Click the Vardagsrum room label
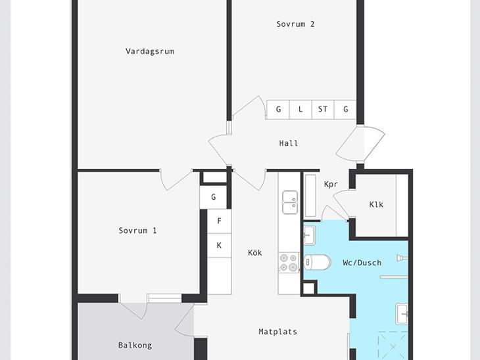[150, 51]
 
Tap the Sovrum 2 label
[295, 24]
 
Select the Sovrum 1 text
[137, 231]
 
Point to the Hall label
[289, 143]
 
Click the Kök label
[255, 253]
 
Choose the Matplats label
[277, 332]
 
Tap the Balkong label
[135, 346]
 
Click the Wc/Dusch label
[362, 263]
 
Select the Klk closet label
[376, 204]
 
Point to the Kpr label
[331, 184]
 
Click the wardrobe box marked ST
[323, 109]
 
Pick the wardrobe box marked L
[300, 109]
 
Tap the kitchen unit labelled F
[219, 221]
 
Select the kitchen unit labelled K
[219, 245]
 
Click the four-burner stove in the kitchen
[289, 262]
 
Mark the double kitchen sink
[290, 202]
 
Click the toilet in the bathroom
[318, 262]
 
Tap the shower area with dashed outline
[393, 346]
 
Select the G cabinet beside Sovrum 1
[213, 197]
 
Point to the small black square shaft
[308, 288]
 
